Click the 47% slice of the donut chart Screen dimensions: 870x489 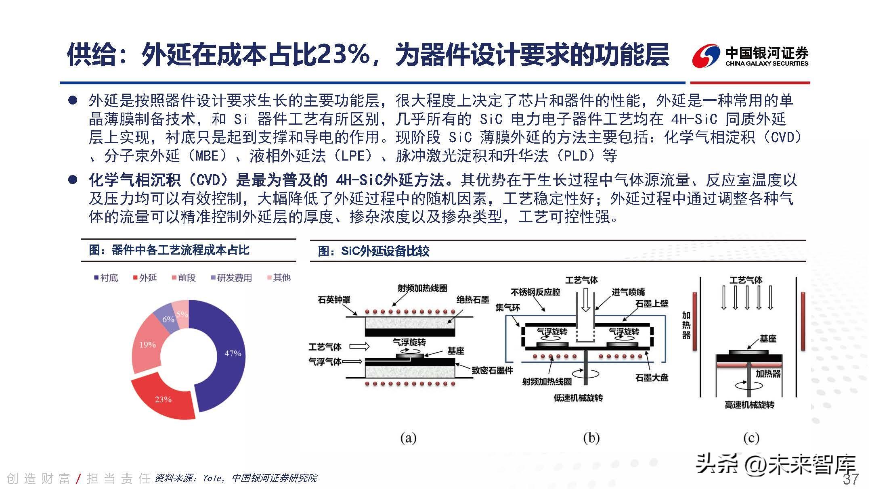226,355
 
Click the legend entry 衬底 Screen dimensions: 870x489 106,278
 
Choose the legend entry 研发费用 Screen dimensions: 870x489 231,278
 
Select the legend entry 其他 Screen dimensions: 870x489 279,278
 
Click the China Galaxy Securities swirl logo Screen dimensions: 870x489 706,56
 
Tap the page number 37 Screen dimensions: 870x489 851,479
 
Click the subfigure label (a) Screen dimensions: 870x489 408,438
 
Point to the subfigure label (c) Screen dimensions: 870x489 751,438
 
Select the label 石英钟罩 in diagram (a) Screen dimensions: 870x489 334,299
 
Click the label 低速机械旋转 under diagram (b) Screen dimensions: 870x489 578,398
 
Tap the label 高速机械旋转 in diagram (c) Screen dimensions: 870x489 749,405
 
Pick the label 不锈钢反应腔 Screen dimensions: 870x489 535,292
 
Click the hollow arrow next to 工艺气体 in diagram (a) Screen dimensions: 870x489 359,346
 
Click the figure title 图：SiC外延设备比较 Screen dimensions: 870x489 373,251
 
